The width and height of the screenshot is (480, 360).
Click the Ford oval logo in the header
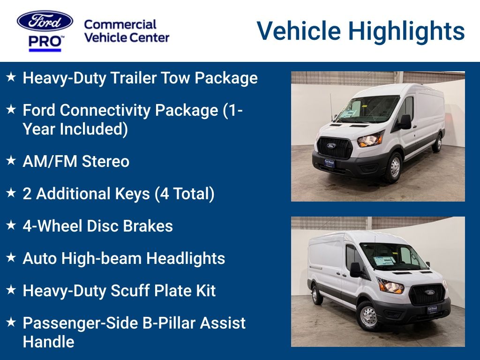pos(45,21)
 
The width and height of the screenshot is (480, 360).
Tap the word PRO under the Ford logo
pos(45,42)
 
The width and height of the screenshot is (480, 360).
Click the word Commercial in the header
pos(120,24)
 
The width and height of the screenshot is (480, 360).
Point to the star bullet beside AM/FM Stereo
pos(11,161)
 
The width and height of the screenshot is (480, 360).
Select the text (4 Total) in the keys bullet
pos(185,194)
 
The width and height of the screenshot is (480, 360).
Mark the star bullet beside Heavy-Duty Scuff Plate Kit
pos(11,290)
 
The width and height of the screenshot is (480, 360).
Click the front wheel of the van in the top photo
pos(394,167)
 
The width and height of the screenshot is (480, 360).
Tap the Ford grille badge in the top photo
pos(331,145)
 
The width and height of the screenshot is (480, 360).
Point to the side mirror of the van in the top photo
pos(405,122)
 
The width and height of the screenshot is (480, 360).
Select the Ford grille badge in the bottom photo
pos(429,292)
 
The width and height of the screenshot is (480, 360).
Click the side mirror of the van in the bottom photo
pos(355,270)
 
